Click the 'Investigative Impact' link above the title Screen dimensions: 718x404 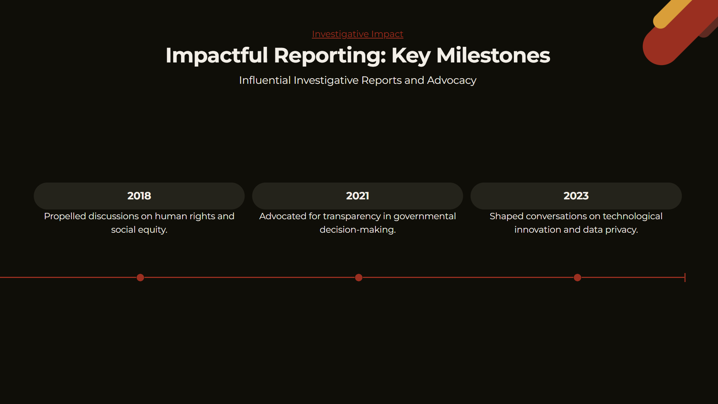pos(358,34)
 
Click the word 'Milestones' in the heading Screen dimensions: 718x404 pos(493,55)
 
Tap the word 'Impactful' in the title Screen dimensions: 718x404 pos(217,55)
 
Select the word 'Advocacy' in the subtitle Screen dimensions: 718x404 pos(452,80)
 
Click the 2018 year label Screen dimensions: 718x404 pos(139,196)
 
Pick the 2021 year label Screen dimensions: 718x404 pos(358,196)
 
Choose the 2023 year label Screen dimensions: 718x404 pos(576,196)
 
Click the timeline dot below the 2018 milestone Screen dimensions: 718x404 pos(140,278)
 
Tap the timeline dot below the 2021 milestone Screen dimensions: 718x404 pos(359,278)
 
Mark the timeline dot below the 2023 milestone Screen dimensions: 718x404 pos(577,278)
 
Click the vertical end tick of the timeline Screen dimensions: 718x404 pos(685,278)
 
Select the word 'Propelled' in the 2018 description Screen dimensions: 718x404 pos(65,217)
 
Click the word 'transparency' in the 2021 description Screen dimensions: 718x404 pos(352,217)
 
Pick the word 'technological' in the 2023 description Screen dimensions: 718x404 pos(632,217)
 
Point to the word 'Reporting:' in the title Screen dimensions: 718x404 pos(330,55)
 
